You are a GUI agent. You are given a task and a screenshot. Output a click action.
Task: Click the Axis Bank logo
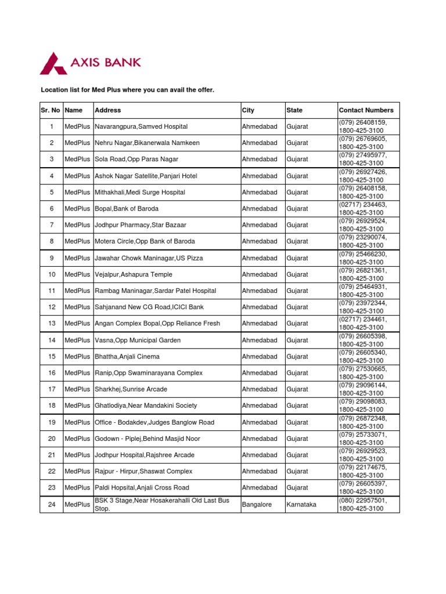click(x=89, y=63)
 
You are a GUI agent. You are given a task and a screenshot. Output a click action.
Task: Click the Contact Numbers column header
click(x=366, y=110)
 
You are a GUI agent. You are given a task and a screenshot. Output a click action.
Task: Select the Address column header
click(x=108, y=110)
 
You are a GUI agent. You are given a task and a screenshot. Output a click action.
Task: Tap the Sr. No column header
click(x=51, y=110)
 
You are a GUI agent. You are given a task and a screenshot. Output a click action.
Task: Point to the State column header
click(x=294, y=110)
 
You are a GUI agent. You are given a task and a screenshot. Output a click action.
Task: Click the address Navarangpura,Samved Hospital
click(x=141, y=126)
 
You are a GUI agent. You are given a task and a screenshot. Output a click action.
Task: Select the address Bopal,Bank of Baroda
click(x=127, y=209)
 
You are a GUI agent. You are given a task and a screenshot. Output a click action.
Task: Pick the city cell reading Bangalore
click(x=257, y=505)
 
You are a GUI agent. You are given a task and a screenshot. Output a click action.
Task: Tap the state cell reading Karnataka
click(x=301, y=505)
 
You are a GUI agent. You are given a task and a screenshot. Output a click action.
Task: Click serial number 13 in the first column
click(x=52, y=324)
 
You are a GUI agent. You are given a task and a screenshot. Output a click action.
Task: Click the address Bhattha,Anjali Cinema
click(x=127, y=357)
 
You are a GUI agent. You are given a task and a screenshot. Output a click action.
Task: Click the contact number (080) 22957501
click(x=362, y=501)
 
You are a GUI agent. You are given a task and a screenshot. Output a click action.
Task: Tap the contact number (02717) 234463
click(x=362, y=205)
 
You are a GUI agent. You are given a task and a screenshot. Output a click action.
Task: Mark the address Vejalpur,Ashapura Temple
click(x=134, y=274)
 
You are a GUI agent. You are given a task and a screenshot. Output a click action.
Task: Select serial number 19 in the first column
click(x=52, y=422)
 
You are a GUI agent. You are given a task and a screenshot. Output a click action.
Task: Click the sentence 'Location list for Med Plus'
click(x=127, y=90)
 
